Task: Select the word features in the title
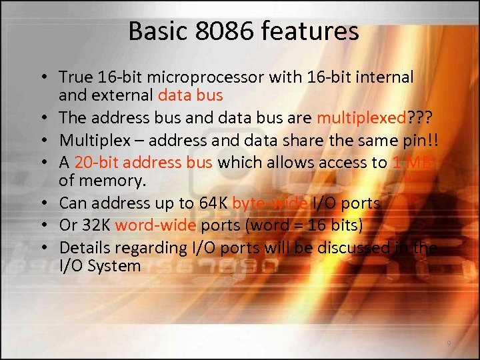(x=312, y=31)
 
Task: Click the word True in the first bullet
(x=75, y=78)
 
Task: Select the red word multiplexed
(x=361, y=117)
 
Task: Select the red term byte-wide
(x=270, y=203)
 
